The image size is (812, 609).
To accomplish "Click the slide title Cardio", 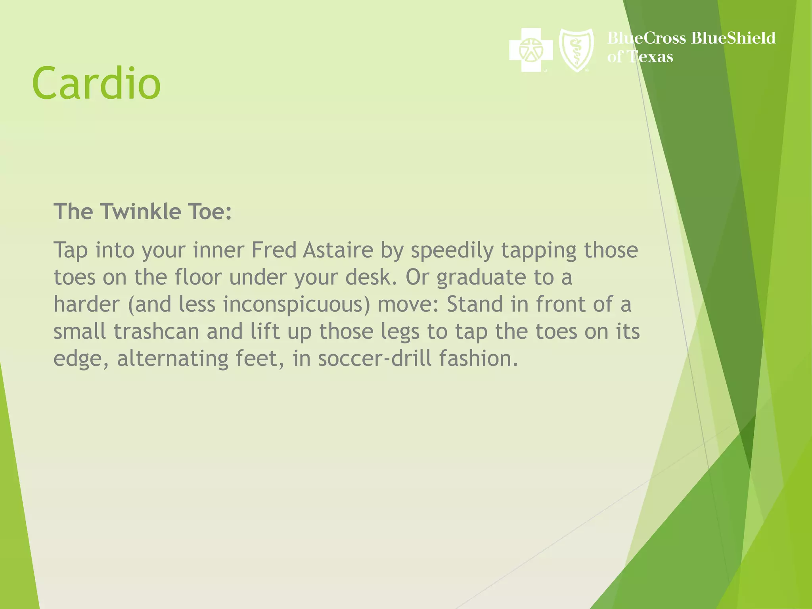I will [x=96, y=83].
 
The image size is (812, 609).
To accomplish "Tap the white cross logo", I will [x=530, y=50].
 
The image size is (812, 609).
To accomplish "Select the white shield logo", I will [x=576, y=50].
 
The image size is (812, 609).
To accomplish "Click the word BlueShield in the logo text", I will [x=733, y=38].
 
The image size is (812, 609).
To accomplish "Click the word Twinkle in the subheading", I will [x=141, y=211].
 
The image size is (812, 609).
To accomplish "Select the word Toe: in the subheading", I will [x=210, y=211].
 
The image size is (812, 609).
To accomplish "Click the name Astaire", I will [x=338, y=250].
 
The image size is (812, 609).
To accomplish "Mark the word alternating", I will [x=172, y=359].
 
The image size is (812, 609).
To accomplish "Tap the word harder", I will [x=86, y=304].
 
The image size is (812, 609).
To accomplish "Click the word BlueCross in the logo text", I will [x=647, y=38].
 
